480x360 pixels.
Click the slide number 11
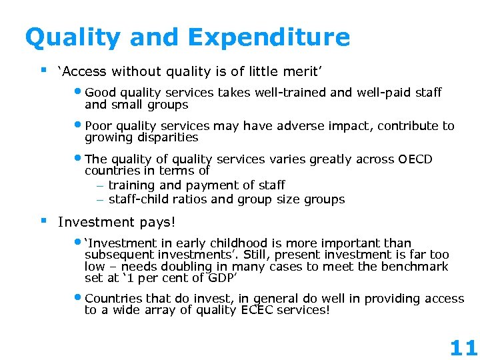coord(463,347)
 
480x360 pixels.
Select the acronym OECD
coord(415,159)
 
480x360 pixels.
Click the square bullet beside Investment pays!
coord(43,219)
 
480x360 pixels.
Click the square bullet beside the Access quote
coord(43,69)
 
